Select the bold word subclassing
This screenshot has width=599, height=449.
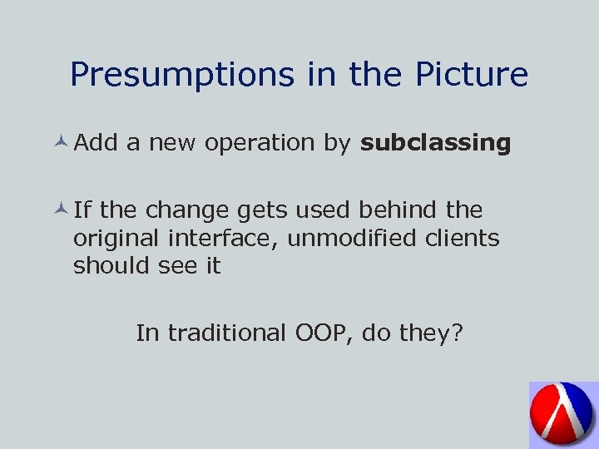[x=435, y=143]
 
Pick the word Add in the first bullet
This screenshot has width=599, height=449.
[x=96, y=143]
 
